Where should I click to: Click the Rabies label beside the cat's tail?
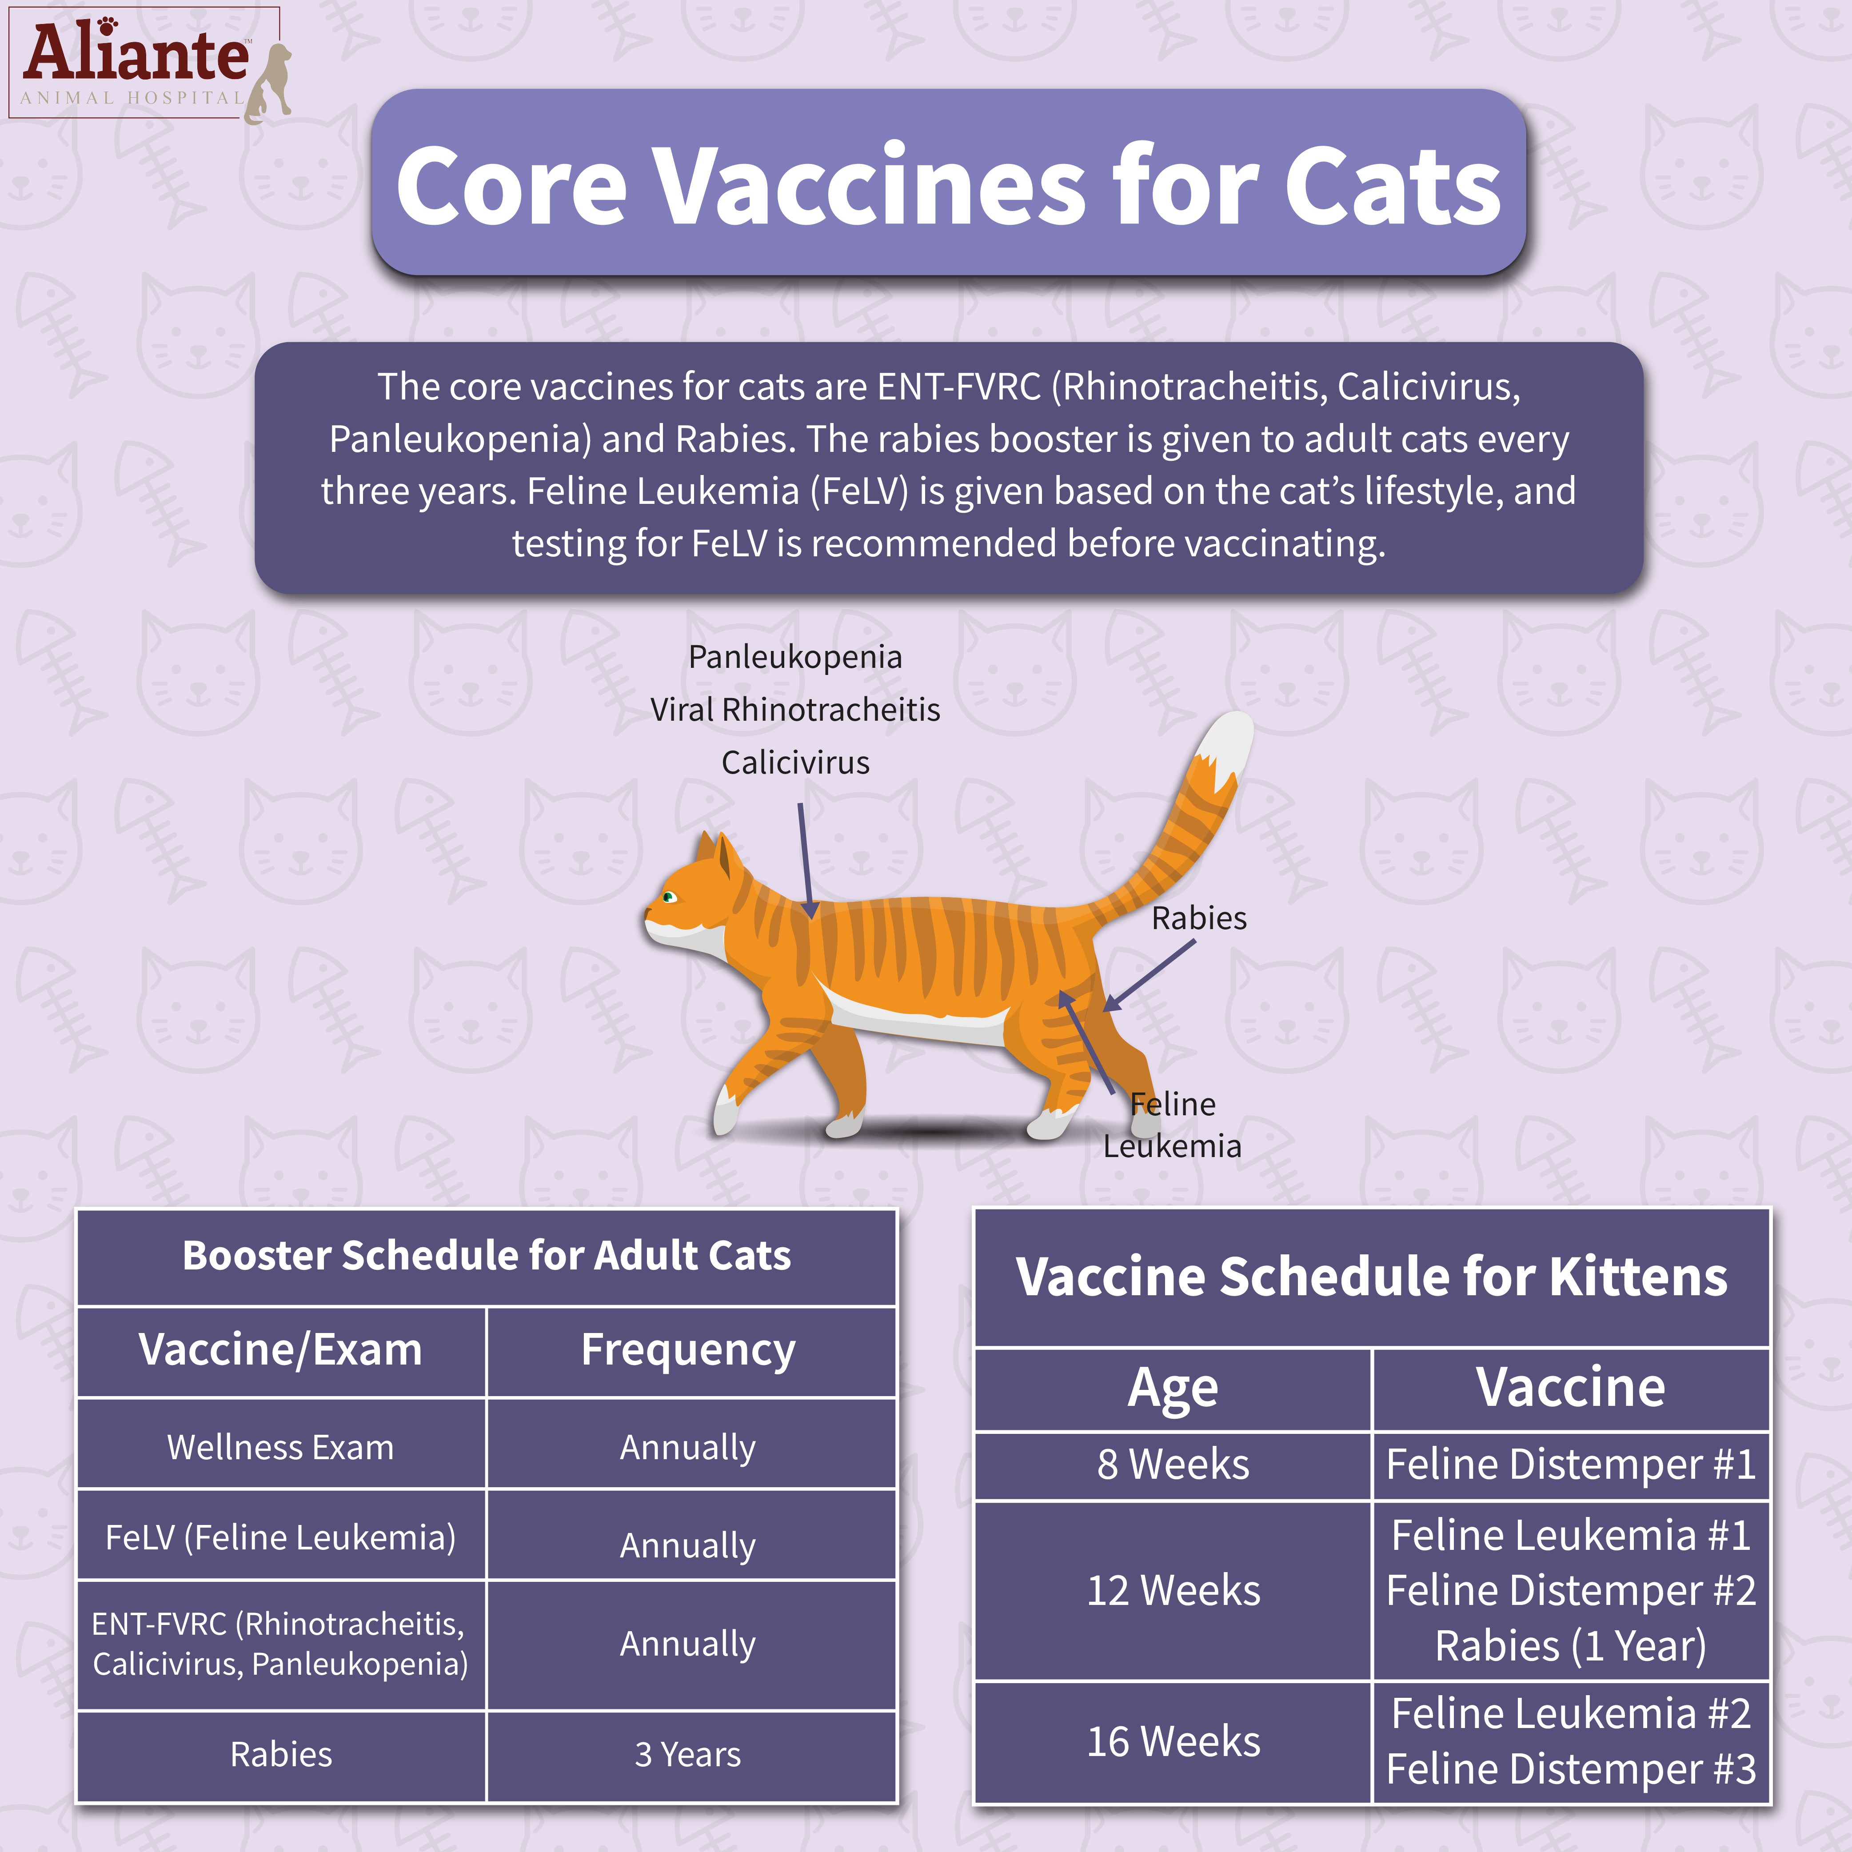click(1198, 918)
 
